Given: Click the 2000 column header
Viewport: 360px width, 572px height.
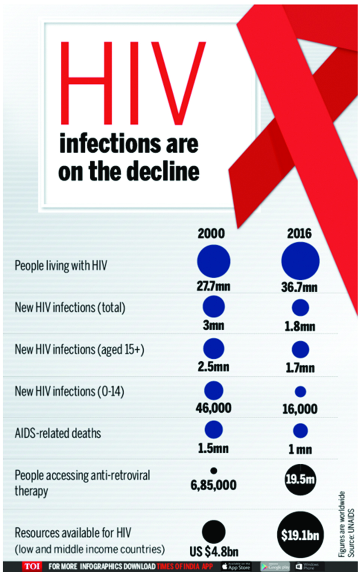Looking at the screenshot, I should tap(211, 234).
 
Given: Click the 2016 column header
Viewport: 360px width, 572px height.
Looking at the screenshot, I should tap(299, 234).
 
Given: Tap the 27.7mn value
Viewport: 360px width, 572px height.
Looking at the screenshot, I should tap(213, 286).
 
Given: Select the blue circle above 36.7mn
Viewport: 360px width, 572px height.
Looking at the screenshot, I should tap(300, 261).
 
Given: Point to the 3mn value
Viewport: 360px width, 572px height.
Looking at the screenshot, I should tap(213, 325).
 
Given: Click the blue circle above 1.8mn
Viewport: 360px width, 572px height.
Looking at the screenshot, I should tap(300, 307).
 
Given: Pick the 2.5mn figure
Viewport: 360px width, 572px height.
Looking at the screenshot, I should tap(213, 367).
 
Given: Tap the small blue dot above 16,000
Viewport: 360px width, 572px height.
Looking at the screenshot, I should tap(300, 392).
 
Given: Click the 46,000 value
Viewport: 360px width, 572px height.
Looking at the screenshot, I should tap(213, 408).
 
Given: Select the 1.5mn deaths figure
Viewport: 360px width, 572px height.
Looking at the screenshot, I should tap(213, 448).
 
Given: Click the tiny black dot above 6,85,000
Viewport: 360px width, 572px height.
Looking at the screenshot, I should tap(214, 470).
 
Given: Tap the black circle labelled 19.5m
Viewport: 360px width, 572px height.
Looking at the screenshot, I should tap(300, 479).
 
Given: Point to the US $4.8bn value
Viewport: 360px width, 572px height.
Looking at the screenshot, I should tap(214, 551).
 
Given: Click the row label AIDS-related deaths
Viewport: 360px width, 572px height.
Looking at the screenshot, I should tap(58, 433).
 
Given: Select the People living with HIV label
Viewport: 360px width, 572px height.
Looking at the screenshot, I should tap(61, 266).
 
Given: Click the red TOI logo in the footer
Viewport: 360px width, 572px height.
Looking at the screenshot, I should tap(32, 566).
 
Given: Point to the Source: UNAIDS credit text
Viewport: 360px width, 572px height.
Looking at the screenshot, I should tap(351, 532).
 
